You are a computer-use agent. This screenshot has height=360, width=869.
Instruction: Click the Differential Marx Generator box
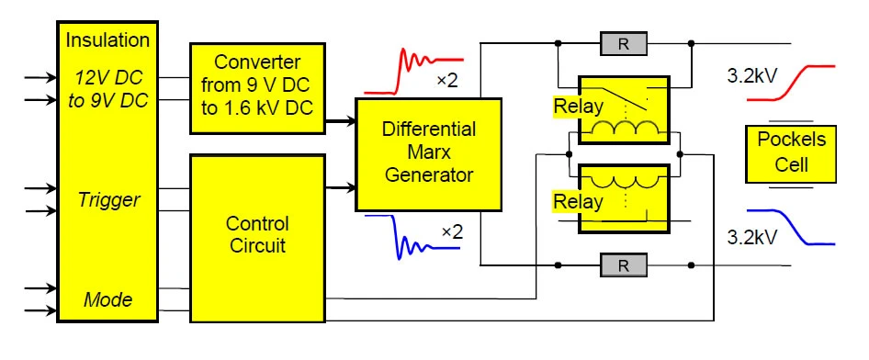tap(428, 154)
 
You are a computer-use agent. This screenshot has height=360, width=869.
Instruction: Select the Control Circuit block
tap(258, 238)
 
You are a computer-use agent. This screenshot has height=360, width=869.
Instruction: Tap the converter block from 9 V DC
tap(258, 88)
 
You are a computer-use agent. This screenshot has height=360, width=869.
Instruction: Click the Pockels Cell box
tap(791, 154)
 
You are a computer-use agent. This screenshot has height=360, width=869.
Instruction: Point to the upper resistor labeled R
tap(624, 44)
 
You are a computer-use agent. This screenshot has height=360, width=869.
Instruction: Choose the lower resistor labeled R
tap(624, 265)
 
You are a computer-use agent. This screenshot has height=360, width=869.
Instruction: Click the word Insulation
tap(107, 39)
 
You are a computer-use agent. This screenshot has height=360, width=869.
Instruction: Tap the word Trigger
tap(108, 200)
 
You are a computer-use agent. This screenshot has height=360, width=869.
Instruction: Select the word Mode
tap(107, 299)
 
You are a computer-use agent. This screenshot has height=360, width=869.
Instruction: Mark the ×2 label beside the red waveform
tap(447, 81)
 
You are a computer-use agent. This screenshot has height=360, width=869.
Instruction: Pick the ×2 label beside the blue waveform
tap(452, 231)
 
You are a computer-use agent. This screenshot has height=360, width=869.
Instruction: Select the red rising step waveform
tap(792, 82)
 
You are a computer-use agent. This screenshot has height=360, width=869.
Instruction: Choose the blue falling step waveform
tap(792, 227)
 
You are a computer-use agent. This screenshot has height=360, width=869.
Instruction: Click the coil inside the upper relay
tap(624, 129)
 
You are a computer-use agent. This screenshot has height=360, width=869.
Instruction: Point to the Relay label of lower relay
tap(578, 202)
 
